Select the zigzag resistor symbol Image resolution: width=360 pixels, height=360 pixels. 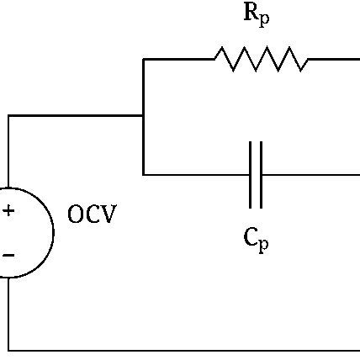point(261,59)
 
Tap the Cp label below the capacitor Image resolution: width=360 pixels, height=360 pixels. point(256,241)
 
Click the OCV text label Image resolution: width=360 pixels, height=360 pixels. point(92,215)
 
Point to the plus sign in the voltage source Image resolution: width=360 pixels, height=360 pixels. point(8,211)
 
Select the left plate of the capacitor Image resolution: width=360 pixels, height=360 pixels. point(251,174)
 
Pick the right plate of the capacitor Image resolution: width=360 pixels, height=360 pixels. point(261,174)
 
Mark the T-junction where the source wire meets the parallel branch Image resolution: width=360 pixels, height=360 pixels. point(144,116)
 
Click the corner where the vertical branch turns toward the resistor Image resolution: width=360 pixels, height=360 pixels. point(144,59)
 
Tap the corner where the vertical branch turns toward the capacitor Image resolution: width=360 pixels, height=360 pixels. point(144,174)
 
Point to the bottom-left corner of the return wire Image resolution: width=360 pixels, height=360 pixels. point(8,348)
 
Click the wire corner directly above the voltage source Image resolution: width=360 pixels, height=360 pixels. point(8,116)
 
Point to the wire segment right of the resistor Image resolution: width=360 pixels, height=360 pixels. point(333,59)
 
